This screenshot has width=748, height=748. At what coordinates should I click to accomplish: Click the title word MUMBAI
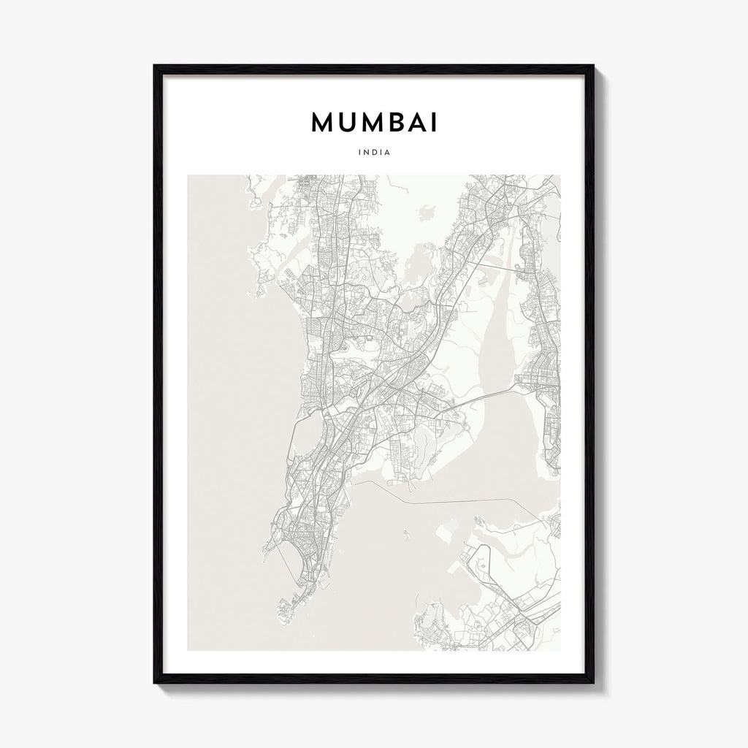(x=374, y=123)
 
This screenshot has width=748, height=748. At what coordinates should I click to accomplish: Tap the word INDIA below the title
(x=374, y=153)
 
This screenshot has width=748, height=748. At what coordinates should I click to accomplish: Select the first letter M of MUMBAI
(x=324, y=123)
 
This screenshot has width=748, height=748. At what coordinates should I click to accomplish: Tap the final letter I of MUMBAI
(x=435, y=123)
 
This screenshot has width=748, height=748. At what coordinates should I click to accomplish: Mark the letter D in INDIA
(x=375, y=153)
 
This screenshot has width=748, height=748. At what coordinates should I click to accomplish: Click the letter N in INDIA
(x=367, y=153)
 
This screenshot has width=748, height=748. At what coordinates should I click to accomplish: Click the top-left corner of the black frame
(x=155, y=66)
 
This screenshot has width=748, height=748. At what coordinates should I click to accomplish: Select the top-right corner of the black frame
(x=593, y=66)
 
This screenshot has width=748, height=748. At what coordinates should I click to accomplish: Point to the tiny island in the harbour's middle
(x=403, y=531)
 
